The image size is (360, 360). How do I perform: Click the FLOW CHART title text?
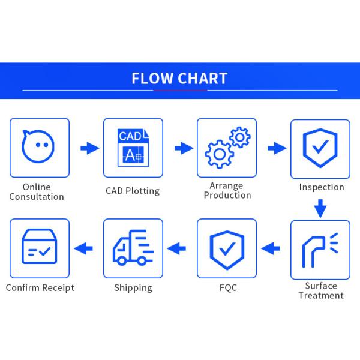(179, 79)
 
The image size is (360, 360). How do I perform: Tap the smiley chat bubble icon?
(39, 147)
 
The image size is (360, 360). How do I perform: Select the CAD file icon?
(133, 148)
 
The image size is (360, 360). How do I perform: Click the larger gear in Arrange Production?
(219, 155)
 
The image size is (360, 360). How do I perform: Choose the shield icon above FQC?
(226, 249)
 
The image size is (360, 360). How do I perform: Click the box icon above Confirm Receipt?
(39, 248)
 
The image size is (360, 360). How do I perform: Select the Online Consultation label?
(37, 192)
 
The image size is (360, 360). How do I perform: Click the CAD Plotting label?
(133, 191)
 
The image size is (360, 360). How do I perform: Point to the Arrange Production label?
(227, 191)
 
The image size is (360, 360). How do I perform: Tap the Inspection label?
(322, 187)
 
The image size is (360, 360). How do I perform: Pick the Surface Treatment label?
(321, 290)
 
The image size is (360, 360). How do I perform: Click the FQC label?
(228, 288)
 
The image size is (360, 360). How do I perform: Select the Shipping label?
(133, 288)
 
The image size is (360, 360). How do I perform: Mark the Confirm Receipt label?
(40, 288)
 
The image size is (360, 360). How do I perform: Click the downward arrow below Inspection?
(320, 209)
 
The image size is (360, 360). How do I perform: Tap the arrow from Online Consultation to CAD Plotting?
(89, 148)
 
